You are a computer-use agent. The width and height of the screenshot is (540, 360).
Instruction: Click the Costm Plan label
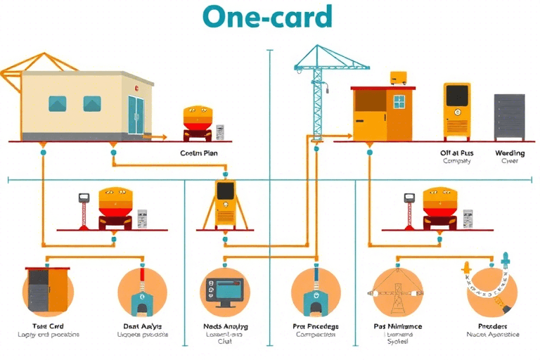(x=199, y=153)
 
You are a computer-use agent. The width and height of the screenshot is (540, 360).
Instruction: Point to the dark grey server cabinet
(x=509, y=117)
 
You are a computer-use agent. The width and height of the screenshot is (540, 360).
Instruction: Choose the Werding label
(x=509, y=152)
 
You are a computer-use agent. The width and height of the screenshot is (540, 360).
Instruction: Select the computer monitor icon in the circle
(x=224, y=292)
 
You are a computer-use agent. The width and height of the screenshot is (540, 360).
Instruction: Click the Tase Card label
(x=47, y=326)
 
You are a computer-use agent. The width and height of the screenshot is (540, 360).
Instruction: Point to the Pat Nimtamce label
(x=398, y=326)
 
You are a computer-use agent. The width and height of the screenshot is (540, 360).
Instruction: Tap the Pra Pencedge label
(x=315, y=326)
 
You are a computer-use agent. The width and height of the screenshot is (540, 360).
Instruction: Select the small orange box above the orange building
(x=399, y=77)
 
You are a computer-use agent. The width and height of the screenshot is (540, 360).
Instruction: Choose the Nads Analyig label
(x=225, y=326)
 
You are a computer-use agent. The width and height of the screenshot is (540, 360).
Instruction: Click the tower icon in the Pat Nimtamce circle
(x=397, y=290)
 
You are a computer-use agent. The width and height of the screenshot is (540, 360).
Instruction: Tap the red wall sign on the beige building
(x=136, y=89)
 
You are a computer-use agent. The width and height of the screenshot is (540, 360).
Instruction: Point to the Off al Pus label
(x=457, y=152)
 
